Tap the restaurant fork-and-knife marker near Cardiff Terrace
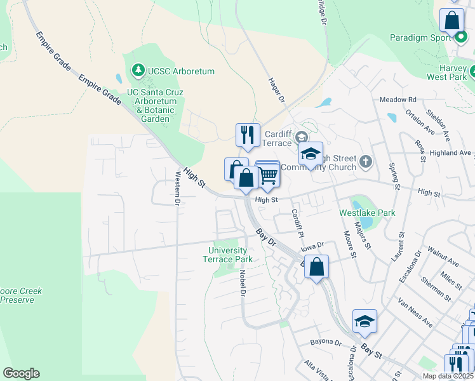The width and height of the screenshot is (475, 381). (248, 135)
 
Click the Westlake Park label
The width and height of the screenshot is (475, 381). (368, 213)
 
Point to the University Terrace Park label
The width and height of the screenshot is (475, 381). (231, 255)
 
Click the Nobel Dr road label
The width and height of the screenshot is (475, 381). (243, 283)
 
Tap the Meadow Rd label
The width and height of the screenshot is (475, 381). (398, 100)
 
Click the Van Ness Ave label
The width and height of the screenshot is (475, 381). (415, 312)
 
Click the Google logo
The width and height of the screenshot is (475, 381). (21, 373)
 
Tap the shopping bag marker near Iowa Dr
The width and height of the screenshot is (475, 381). (316, 267)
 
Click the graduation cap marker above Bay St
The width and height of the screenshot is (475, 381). (365, 322)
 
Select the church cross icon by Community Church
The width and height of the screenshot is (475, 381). (365, 162)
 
